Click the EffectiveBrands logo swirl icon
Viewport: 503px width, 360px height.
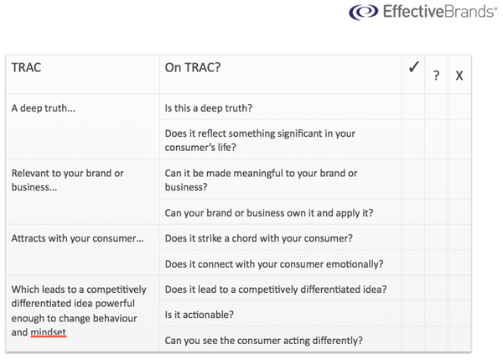pos(364,12)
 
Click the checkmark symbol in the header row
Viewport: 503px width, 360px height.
pos(414,67)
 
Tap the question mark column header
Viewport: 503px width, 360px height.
pos(436,76)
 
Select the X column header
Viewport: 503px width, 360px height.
pos(459,76)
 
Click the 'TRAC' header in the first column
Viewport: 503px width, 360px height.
pos(26,67)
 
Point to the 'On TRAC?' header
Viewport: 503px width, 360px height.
pos(193,67)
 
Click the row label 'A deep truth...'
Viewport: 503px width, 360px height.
pos(43,108)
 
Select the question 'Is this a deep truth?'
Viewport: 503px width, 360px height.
pos(209,108)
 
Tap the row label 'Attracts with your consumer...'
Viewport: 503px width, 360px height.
pos(77,238)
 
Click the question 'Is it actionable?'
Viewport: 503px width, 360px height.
pos(200,315)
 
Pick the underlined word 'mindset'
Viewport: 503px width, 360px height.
pos(49,332)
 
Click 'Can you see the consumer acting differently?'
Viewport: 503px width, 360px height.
pos(264,341)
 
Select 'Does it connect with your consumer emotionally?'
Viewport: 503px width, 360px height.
pos(274,264)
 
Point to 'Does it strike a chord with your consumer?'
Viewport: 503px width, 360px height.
pos(258,238)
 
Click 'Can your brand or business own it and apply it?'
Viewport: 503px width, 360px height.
pos(269,213)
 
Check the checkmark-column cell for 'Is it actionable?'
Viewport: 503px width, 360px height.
pos(413,314)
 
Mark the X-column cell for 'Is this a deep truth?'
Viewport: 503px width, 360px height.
pos(459,107)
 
